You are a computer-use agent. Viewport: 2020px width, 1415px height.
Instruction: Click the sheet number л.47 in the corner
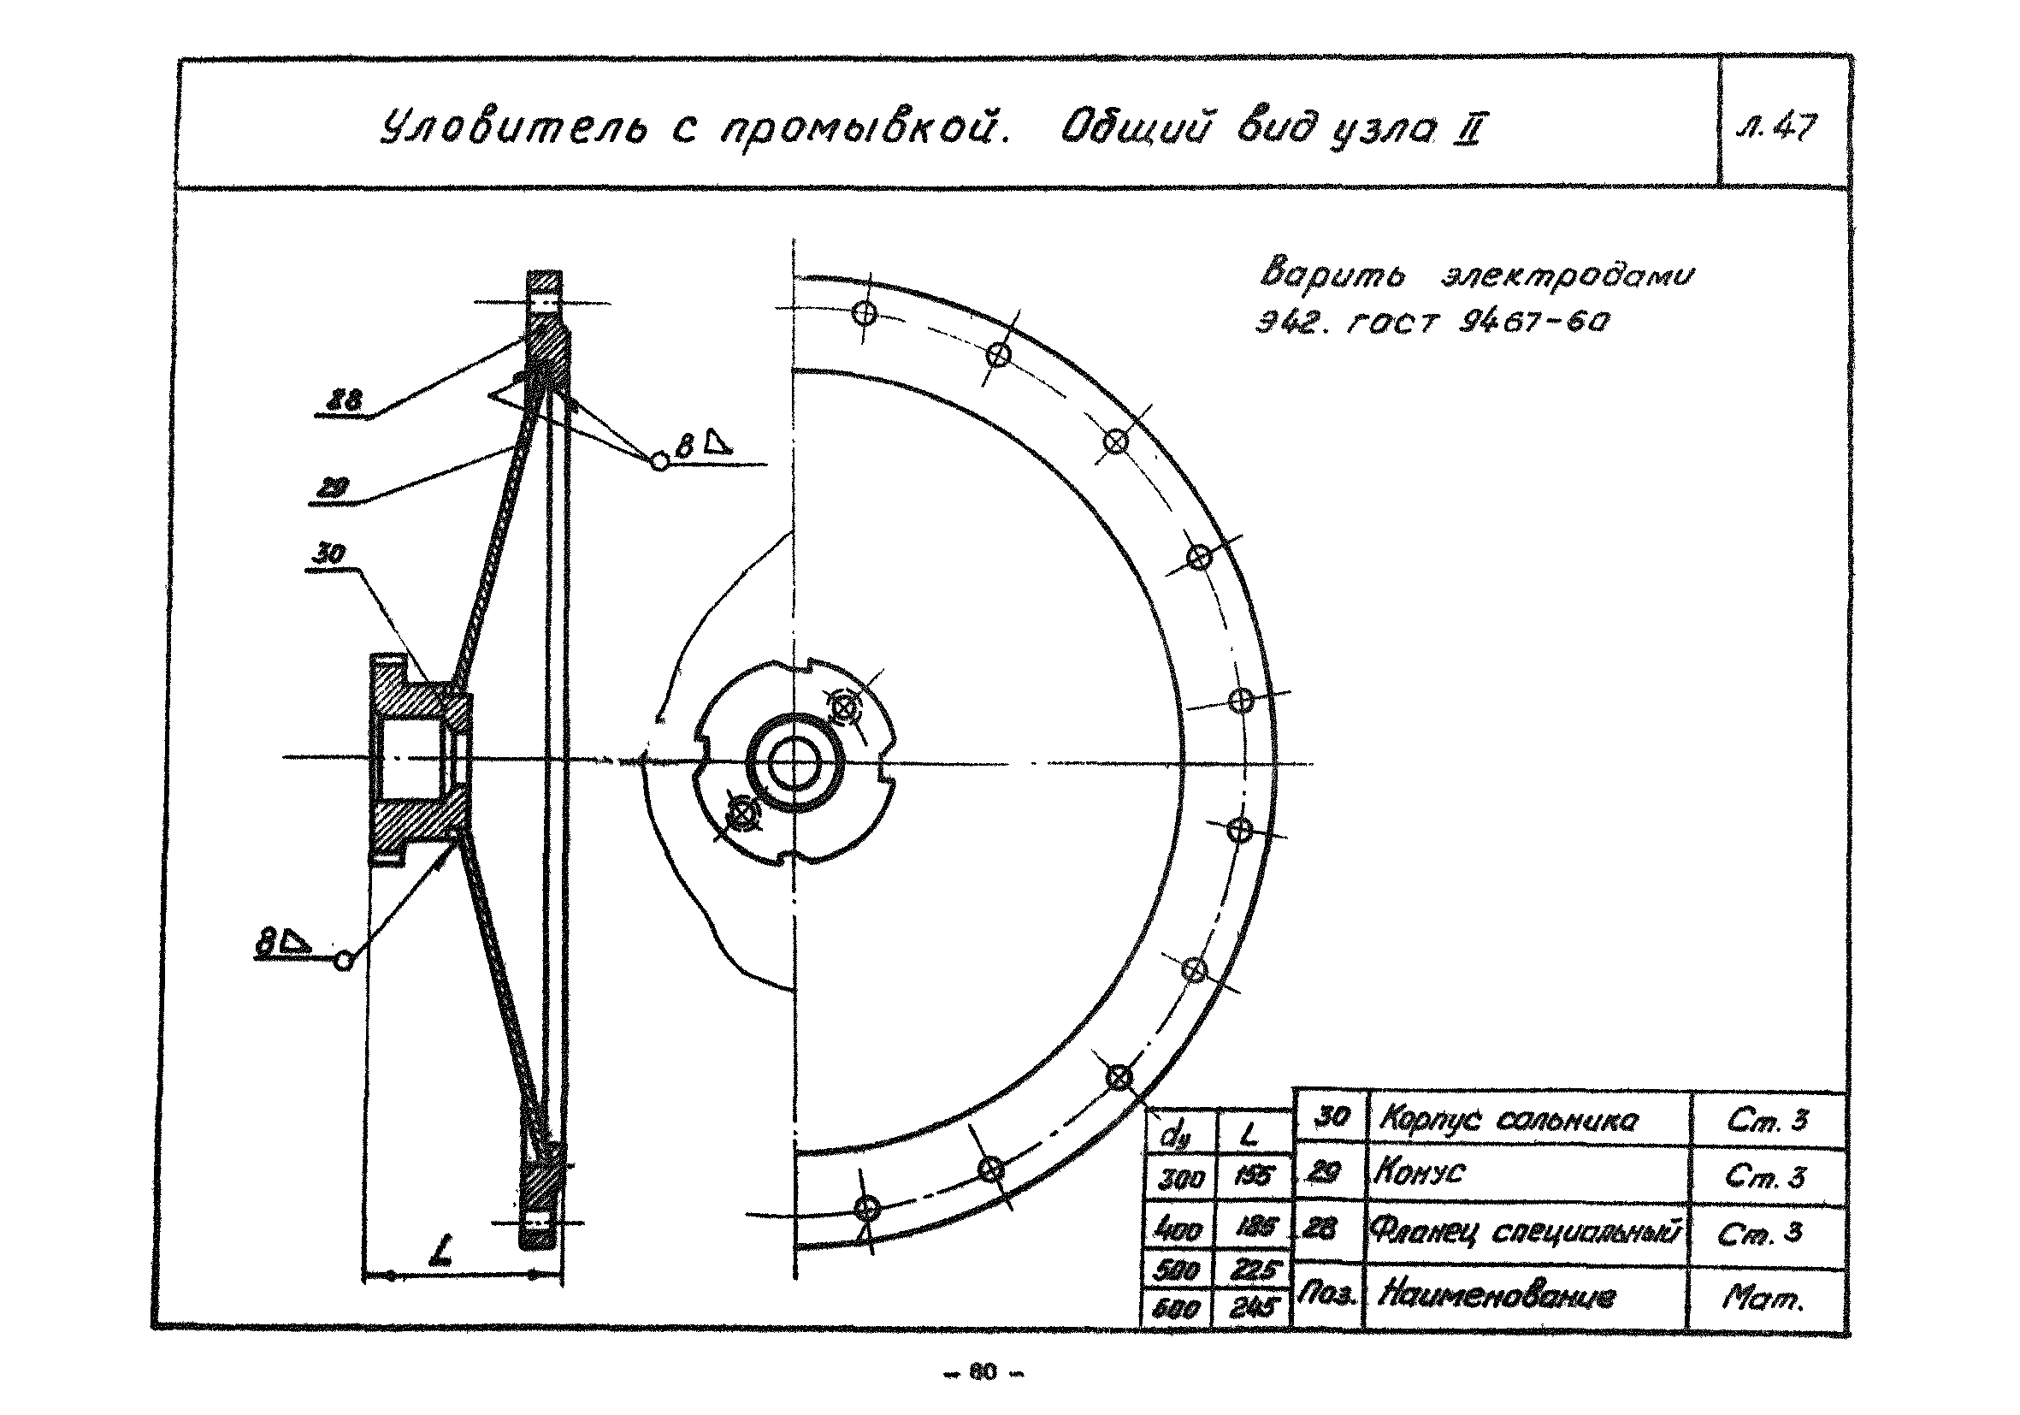tap(1779, 129)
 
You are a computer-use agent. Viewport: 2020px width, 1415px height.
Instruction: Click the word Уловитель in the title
tap(513, 129)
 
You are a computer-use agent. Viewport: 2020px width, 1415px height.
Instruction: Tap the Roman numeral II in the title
tap(1468, 131)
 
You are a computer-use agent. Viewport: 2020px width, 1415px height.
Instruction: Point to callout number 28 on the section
tap(343, 401)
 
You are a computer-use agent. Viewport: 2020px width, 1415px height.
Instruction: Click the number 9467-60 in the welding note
tap(1533, 322)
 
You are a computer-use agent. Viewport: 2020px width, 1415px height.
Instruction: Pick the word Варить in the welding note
tap(1331, 273)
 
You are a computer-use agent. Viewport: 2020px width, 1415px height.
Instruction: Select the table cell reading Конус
tap(1419, 1173)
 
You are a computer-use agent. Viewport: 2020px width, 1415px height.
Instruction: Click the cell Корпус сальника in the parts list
tap(1508, 1120)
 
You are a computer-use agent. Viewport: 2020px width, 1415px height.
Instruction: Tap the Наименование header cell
tap(1497, 1295)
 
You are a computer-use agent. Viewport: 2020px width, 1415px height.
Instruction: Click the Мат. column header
tap(1763, 1296)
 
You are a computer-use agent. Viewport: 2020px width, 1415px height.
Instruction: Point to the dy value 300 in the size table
tap(1181, 1178)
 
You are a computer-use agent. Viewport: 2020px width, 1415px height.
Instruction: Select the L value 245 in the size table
tap(1253, 1309)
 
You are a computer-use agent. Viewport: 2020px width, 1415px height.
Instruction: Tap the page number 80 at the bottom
tap(982, 1371)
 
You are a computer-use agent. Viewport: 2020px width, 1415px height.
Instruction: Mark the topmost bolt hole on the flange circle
tap(865, 312)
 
